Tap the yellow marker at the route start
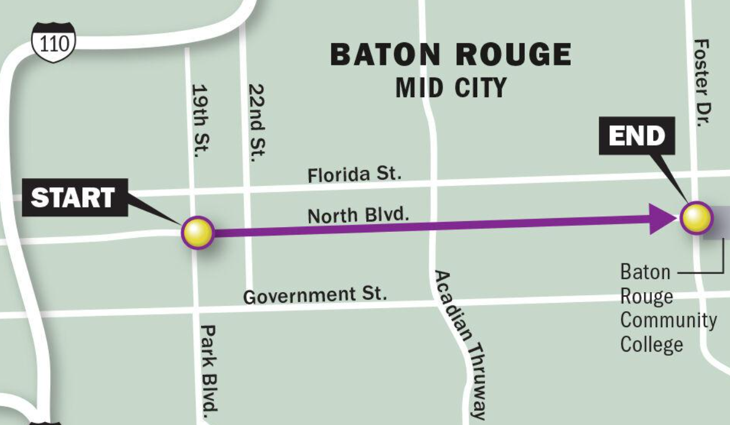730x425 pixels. (197, 232)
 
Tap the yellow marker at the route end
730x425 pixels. (696, 218)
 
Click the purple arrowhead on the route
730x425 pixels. (660, 219)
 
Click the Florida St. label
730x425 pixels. (354, 174)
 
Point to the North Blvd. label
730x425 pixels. (358, 215)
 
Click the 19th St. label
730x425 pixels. (201, 119)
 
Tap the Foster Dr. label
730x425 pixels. (702, 82)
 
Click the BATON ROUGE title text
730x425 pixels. (450, 55)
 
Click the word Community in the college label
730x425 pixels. (668, 320)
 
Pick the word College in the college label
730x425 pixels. (651, 345)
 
